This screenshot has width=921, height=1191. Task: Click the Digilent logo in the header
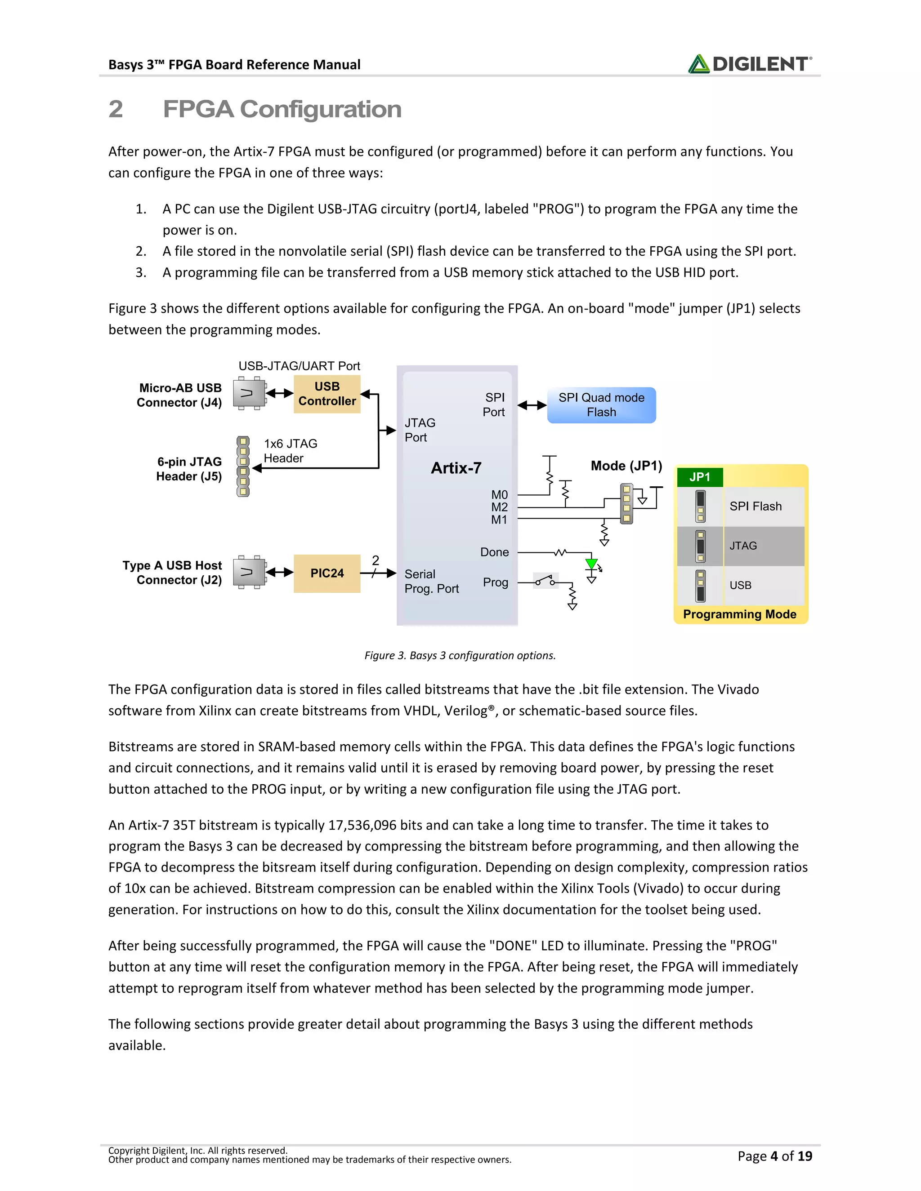[750, 64]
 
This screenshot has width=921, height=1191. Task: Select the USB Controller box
[327, 394]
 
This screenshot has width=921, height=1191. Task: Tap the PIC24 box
[327, 573]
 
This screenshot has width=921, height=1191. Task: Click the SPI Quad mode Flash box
[601, 405]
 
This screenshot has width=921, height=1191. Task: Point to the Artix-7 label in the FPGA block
[456, 468]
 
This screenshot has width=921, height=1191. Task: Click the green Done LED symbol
[591, 564]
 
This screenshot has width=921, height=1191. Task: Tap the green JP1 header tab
[699, 477]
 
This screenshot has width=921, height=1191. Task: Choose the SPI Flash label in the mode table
[755, 506]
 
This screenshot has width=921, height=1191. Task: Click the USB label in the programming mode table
[740, 585]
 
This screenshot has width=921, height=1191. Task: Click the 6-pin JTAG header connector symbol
[243, 466]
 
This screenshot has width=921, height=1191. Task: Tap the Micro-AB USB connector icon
[249, 393]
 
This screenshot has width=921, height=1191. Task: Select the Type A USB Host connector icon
[249, 573]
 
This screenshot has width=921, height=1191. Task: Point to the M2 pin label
[499, 507]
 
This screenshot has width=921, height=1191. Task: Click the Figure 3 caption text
[460, 655]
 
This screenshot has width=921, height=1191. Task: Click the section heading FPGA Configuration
[282, 109]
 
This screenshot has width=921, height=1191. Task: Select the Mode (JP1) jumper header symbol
[626, 503]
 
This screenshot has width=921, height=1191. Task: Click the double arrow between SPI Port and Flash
[532, 405]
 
